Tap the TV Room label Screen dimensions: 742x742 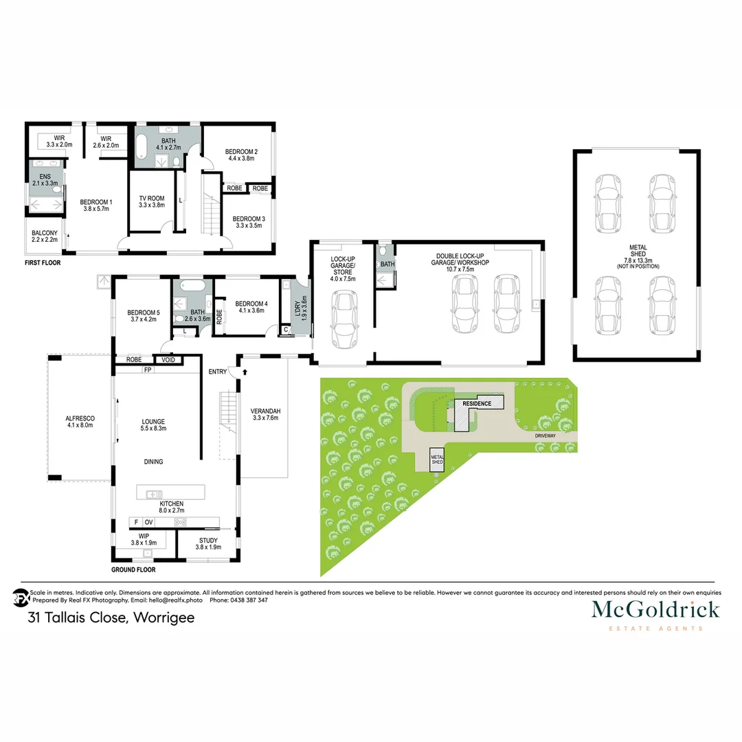coord(153,200)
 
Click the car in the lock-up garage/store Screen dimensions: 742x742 coord(342,321)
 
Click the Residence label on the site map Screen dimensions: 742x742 coord(476,403)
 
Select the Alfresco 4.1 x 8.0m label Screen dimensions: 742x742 coord(80,421)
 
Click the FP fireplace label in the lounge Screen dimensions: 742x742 coord(147,370)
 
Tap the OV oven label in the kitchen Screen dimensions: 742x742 coord(148,523)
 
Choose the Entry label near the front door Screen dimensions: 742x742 coord(218,372)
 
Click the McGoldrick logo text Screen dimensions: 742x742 coord(655,609)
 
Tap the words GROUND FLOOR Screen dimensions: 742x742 coord(133,570)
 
